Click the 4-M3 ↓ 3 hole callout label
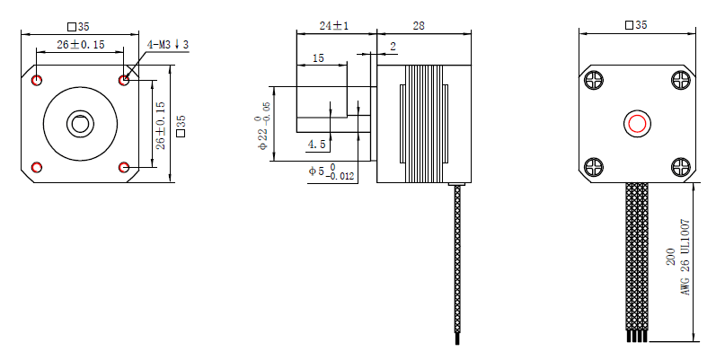(168, 45)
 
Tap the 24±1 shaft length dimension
(334, 25)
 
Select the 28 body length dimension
(419, 26)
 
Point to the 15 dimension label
(318, 58)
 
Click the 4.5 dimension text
(317, 145)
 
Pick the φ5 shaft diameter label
(331, 171)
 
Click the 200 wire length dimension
(671, 257)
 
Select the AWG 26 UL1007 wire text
(685, 258)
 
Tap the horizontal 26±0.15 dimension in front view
(80, 44)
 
